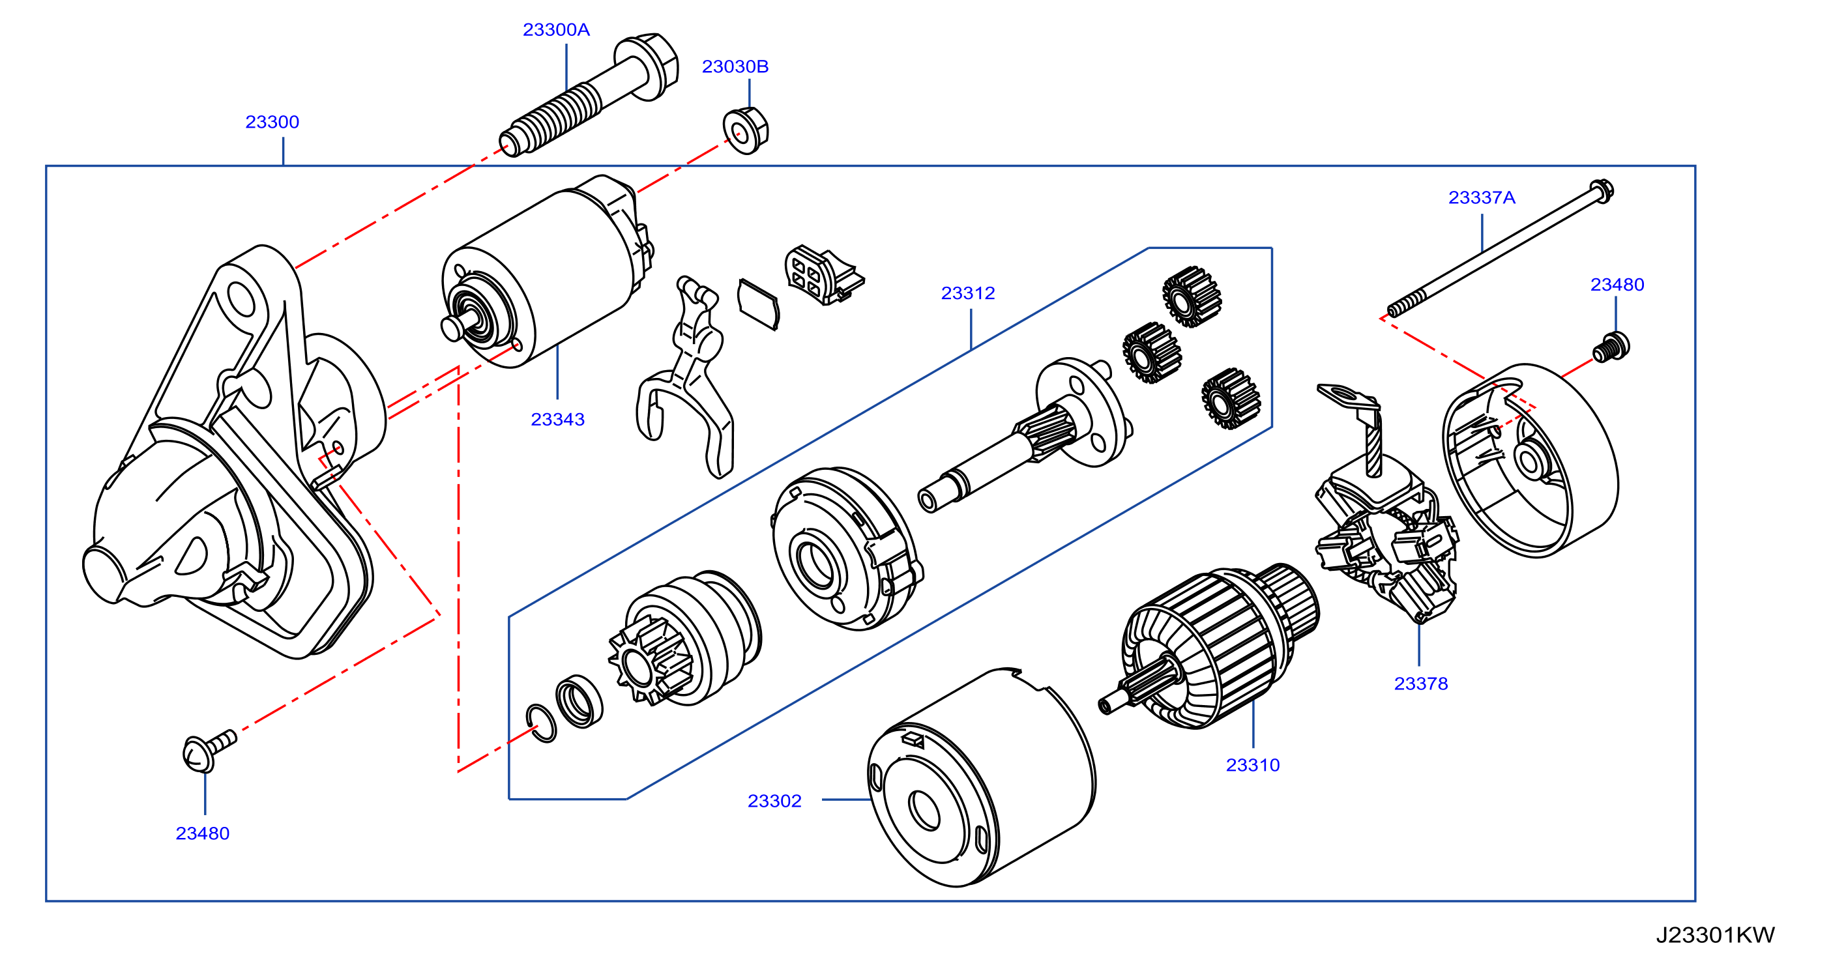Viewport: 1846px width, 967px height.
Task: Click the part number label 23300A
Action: [556, 30]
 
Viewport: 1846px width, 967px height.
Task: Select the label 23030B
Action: [735, 66]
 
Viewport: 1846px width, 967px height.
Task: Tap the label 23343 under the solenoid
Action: [557, 420]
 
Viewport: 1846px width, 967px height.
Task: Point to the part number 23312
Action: [968, 294]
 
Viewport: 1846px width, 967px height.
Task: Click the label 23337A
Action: [1482, 197]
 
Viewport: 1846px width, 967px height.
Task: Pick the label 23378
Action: [1421, 684]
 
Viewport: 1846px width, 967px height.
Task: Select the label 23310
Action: [1253, 766]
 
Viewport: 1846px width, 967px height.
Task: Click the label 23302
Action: [774, 801]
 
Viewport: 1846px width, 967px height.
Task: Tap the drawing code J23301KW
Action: [1716, 936]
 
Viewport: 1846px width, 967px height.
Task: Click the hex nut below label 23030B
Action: [745, 131]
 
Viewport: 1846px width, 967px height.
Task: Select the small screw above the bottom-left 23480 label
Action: [208, 751]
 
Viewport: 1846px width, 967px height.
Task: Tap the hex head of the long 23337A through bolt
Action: [1602, 192]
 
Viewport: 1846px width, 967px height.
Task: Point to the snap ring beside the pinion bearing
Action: [541, 723]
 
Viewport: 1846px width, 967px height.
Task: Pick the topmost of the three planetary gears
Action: [1192, 296]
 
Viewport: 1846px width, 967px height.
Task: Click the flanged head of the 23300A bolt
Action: [647, 66]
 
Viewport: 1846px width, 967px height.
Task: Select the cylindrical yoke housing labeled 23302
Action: [981, 778]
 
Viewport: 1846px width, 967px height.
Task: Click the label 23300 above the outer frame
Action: [272, 123]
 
